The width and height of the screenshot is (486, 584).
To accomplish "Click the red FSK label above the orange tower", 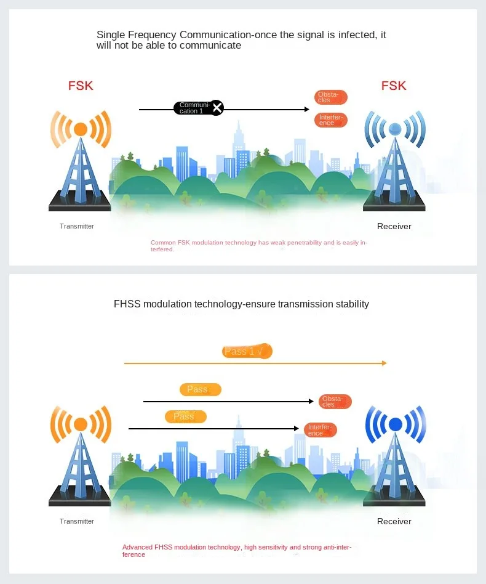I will point(81,86).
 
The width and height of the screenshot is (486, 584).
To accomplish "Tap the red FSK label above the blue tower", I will point(394,86).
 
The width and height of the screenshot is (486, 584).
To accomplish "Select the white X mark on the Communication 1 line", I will point(217,108).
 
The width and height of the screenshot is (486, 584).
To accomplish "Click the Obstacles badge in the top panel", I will point(331,97).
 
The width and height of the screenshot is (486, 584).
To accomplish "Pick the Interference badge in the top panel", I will point(331,120).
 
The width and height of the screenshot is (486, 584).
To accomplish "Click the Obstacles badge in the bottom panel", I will point(335,402).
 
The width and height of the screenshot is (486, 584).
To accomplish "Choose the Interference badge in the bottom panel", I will point(321,430).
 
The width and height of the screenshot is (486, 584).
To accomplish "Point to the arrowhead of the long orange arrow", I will point(384,363).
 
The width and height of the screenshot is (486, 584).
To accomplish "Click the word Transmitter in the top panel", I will point(77,226).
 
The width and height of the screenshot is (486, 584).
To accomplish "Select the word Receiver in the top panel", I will point(394,226).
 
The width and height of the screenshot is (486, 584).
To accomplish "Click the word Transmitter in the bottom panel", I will point(77,521).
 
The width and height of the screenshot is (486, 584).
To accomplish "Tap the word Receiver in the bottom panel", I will point(394,521).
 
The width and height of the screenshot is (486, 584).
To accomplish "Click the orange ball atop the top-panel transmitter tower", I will point(81,129).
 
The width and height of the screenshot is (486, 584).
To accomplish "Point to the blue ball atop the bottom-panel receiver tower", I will point(395,424).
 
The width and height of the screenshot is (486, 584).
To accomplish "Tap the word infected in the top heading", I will point(356,34).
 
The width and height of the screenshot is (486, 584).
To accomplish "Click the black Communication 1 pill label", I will point(193,108).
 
